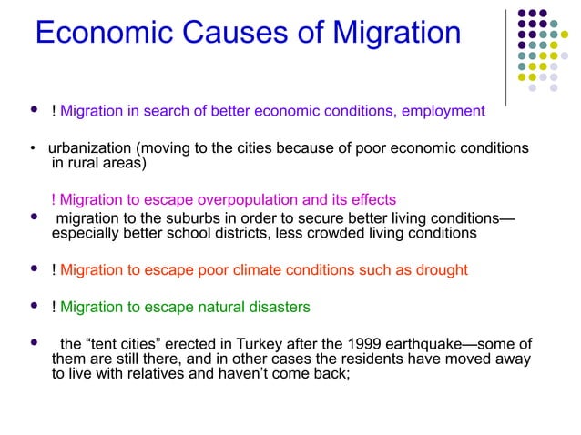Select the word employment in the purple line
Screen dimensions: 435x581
tap(442, 111)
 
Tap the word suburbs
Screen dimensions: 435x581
tap(183, 217)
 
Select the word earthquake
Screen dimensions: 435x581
tap(405, 344)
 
